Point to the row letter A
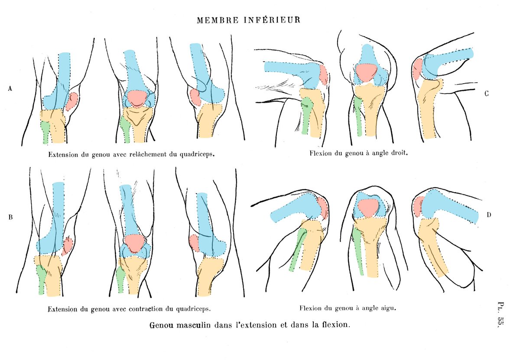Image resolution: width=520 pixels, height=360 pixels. [x=10, y=88]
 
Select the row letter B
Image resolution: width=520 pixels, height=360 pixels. [x=10, y=217]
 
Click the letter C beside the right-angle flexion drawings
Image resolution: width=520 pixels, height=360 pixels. [x=487, y=94]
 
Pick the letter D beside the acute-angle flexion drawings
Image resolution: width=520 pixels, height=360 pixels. [x=488, y=214]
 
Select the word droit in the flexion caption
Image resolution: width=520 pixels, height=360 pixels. [x=399, y=153]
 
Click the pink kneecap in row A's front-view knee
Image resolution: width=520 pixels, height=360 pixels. [x=137, y=98]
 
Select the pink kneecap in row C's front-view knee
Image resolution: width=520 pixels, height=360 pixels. [x=366, y=72]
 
